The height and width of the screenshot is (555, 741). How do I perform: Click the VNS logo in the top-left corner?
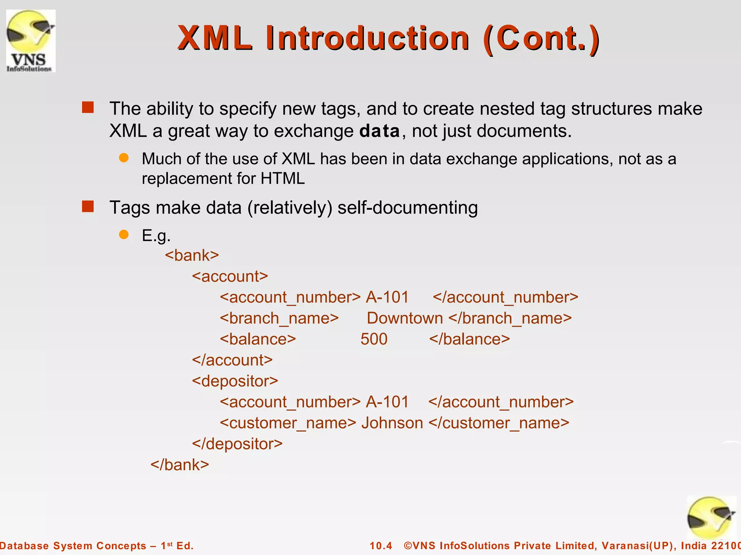(31, 41)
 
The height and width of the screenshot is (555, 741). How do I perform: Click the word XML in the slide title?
(215, 38)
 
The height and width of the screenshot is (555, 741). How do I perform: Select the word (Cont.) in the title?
(541, 39)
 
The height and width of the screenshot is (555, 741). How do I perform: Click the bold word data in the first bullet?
(380, 131)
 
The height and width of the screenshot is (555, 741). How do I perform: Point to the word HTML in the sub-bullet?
(283, 178)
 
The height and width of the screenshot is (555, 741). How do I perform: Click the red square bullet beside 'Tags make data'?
(88, 207)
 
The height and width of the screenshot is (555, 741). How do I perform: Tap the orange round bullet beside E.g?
(124, 235)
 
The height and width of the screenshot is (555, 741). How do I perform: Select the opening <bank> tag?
(192, 255)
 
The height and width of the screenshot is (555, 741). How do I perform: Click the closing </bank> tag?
(180, 465)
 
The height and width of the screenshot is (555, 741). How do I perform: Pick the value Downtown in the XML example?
(405, 318)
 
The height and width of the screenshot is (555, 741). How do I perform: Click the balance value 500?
(374, 339)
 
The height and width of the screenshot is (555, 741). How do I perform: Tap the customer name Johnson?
(392, 423)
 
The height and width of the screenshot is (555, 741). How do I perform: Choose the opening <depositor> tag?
(235, 381)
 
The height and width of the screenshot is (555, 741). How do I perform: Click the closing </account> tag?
(232, 360)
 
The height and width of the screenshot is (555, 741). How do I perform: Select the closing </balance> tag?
(469, 339)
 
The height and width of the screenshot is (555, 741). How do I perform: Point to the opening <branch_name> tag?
(279, 318)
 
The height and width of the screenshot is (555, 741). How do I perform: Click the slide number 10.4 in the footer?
(381, 546)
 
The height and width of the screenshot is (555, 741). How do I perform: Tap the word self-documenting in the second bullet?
(407, 208)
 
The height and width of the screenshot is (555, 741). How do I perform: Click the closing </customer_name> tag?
(499, 423)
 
